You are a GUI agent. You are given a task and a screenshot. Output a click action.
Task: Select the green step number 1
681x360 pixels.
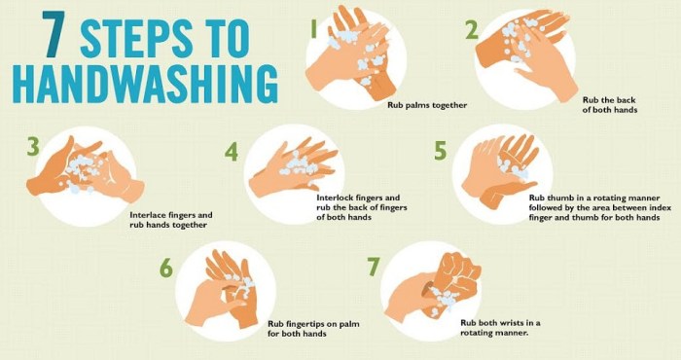[313, 30]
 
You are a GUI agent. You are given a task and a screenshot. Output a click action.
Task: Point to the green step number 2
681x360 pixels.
[471, 29]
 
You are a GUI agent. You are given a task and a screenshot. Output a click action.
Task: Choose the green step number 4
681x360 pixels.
[232, 152]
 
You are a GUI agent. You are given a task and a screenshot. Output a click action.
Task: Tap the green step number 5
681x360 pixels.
[441, 150]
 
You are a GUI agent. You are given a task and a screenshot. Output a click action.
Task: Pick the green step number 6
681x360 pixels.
[165, 268]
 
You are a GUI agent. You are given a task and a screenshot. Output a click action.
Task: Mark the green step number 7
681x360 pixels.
[372, 267]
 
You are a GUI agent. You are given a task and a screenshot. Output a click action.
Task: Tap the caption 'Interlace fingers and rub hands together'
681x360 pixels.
[170, 219]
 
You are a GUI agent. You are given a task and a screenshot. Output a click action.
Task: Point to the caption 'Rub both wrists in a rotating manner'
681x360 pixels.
[500, 327]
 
